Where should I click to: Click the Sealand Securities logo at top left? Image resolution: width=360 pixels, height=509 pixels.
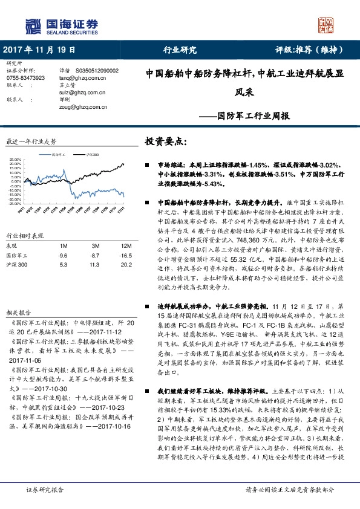(x=60, y=25)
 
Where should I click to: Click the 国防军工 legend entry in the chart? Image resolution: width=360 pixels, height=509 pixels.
(x=57, y=155)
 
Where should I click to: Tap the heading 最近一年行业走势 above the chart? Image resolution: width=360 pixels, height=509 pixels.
(x=31, y=141)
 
